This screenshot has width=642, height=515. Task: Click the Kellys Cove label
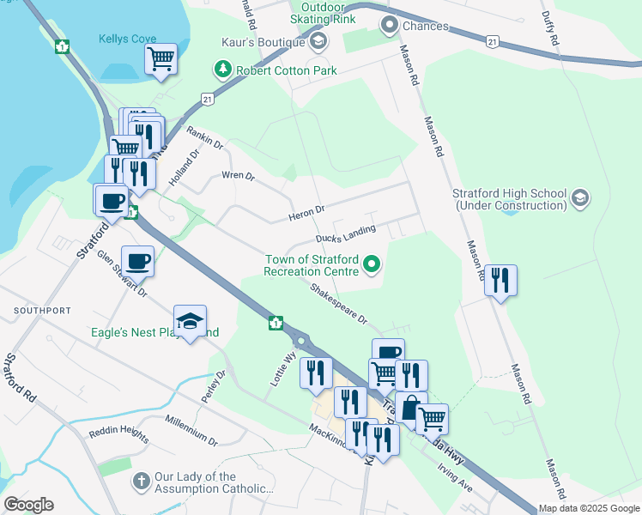(127, 39)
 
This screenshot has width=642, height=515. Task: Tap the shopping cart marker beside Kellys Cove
(160, 59)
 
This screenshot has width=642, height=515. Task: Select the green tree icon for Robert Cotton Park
(223, 70)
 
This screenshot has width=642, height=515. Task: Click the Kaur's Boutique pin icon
(318, 42)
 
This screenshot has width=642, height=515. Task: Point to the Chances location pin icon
(391, 26)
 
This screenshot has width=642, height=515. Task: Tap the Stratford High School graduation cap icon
(579, 198)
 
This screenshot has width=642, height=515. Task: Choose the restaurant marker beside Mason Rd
(500, 280)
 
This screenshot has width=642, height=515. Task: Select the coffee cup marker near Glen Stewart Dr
(137, 261)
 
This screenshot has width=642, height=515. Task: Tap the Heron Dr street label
(308, 209)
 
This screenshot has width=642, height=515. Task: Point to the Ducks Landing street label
(345, 234)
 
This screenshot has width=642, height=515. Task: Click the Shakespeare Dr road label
(339, 304)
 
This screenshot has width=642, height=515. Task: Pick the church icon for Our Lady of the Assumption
(142, 477)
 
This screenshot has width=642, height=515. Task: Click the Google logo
(28, 505)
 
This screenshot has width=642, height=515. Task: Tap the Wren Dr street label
(238, 176)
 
